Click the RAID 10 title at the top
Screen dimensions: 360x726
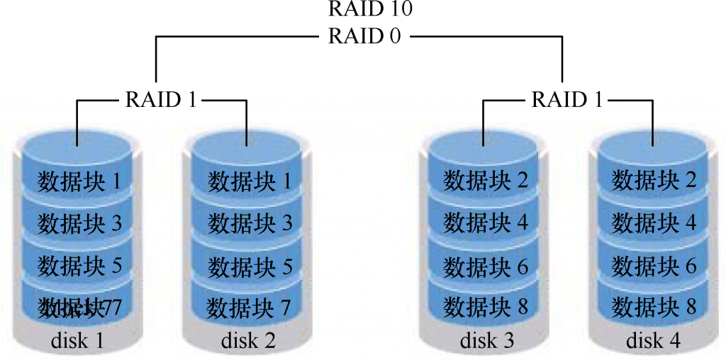(x=370, y=9)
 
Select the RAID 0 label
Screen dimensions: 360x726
(x=364, y=37)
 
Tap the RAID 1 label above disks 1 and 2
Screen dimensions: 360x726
(x=160, y=100)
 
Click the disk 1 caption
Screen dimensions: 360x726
(x=78, y=342)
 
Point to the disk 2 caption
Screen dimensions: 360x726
(x=248, y=342)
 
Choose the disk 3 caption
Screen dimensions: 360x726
(x=487, y=342)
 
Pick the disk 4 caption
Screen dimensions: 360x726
(x=653, y=342)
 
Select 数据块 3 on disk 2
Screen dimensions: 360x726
(x=250, y=224)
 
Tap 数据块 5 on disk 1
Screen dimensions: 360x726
(x=79, y=266)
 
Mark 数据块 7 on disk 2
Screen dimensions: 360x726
(x=250, y=308)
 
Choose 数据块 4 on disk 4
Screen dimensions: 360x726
(x=654, y=224)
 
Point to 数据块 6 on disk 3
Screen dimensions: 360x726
(x=486, y=266)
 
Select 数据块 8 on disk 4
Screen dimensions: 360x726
(x=654, y=308)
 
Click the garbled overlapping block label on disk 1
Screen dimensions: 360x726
(x=79, y=308)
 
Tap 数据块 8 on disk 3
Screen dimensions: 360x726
(x=486, y=308)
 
